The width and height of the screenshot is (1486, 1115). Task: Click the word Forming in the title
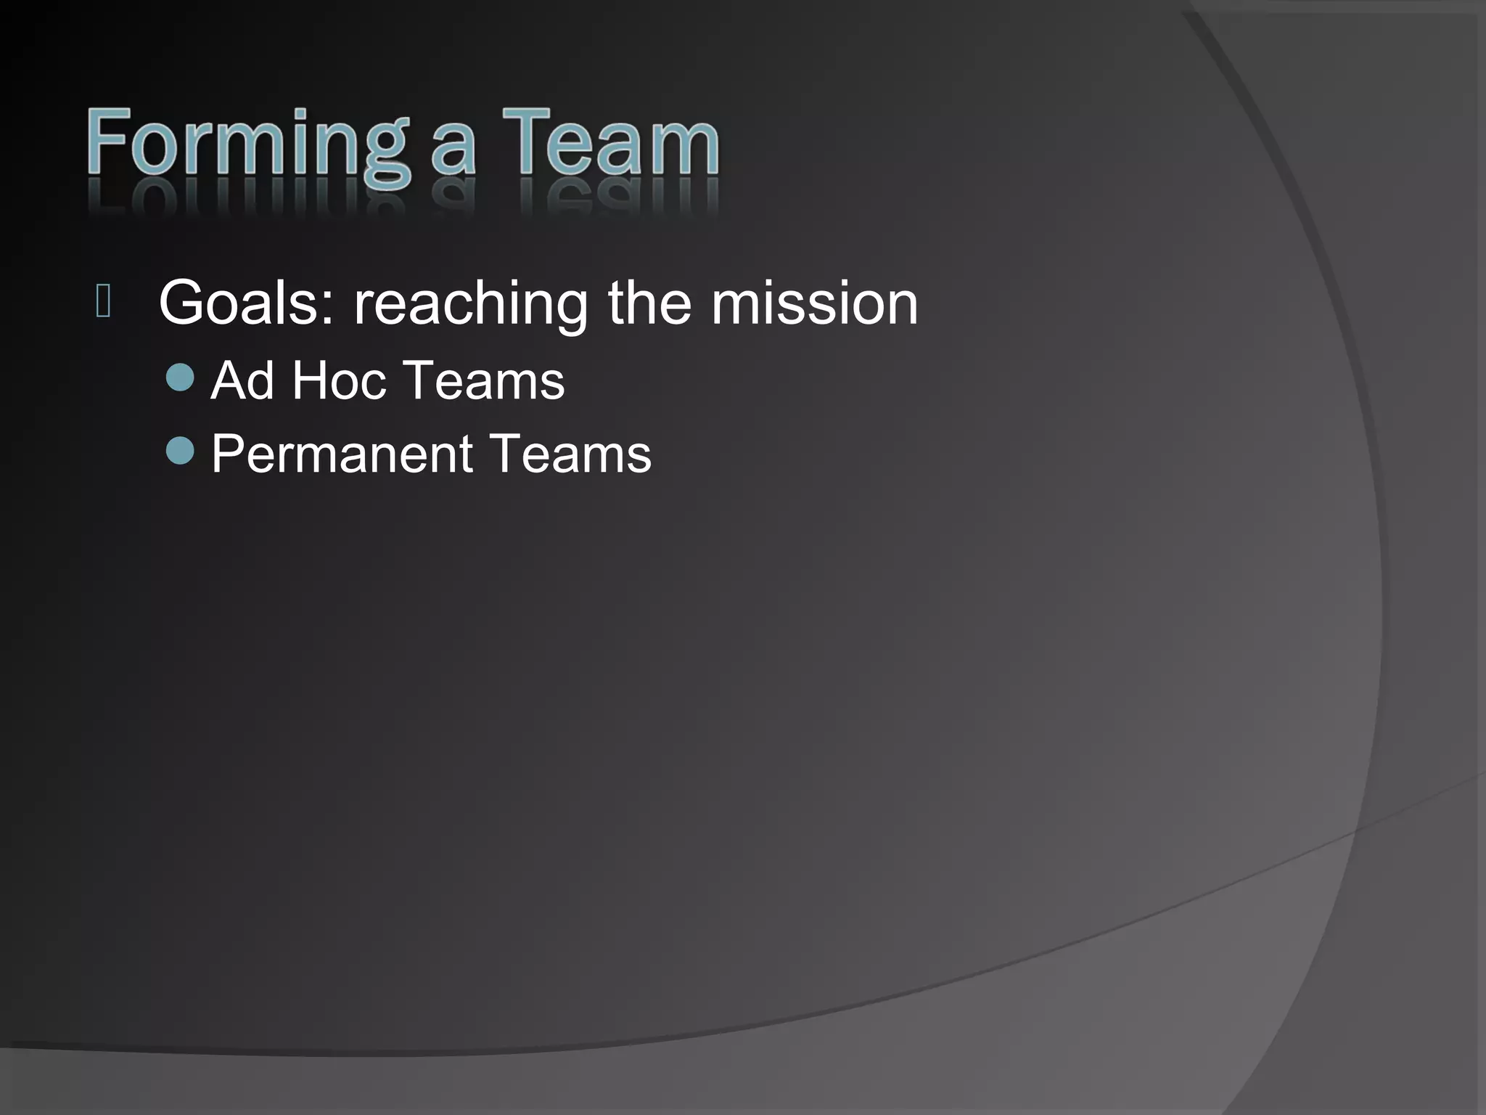pos(247,145)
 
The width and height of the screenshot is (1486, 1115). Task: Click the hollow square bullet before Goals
pos(103,302)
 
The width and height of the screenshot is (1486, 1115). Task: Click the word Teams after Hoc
pos(484,380)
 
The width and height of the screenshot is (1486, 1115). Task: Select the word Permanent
pos(342,454)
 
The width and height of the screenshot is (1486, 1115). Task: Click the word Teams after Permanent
pos(571,454)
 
